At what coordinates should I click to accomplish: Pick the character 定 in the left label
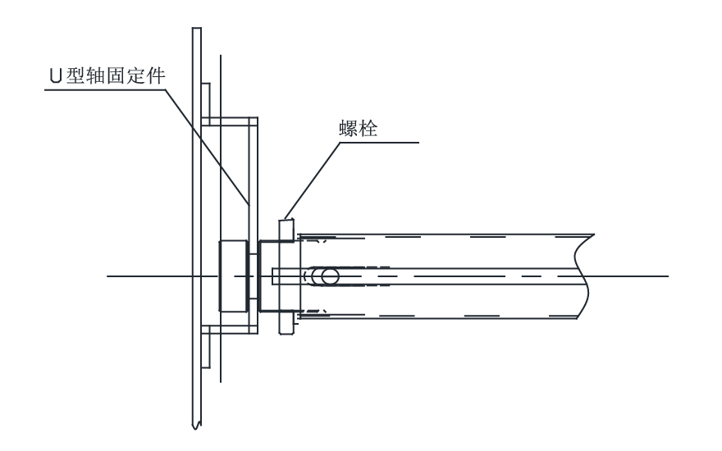click(130, 76)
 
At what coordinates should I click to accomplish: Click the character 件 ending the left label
click(150, 76)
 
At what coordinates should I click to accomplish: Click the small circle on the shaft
click(330, 276)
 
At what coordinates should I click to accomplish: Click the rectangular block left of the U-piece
click(231, 276)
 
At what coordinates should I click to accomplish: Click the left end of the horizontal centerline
click(108, 276)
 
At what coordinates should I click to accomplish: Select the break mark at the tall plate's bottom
click(197, 424)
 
